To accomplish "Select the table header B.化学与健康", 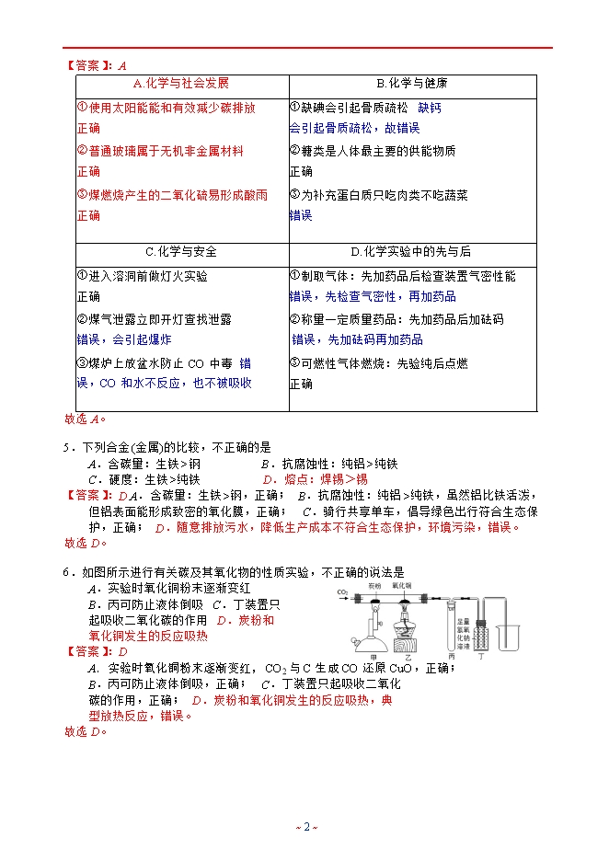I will [x=411, y=83].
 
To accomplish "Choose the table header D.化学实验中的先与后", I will [x=411, y=251].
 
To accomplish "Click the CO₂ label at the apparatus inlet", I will [x=341, y=591].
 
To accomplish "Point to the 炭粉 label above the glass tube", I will [x=373, y=585].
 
